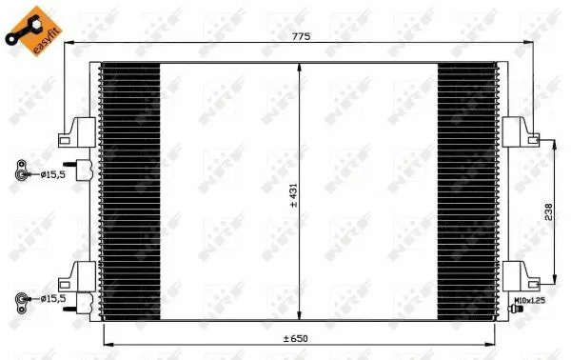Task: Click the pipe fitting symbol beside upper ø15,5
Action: click(x=21, y=174)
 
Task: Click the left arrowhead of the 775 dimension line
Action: click(x=68, y=44)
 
